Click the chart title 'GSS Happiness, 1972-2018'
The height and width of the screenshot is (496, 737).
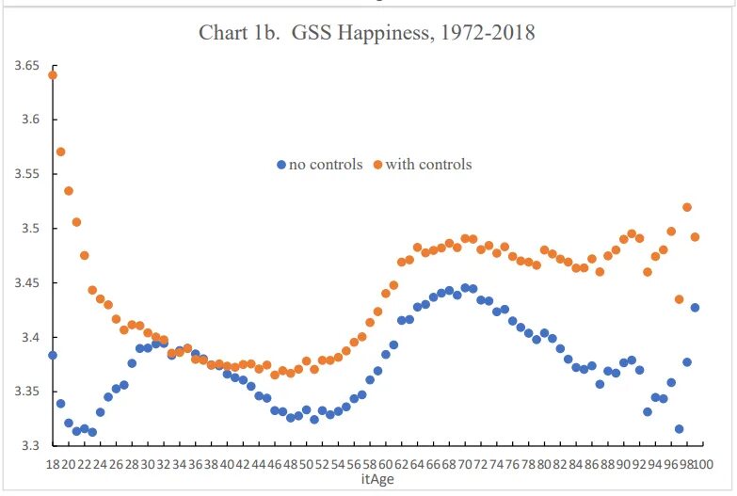pyautogui.click(x=367, y=33)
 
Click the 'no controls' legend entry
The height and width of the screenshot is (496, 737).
pyautogui.click(x=326, y=165)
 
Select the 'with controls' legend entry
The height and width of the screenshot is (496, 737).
pyautogui.click(x=428, y=165)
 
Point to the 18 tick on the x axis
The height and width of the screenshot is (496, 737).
pyautogui.click(x=52, y=464)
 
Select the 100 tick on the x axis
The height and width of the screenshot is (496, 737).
pyautogui.click(x=701, y=464)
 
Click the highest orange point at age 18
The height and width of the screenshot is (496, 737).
pyautogui.click(x=53, y=75)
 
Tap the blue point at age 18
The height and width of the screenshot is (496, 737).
pyautogui.click(x=53, y=355)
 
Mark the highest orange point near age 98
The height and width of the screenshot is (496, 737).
pyautogui.click(x=687, y=207)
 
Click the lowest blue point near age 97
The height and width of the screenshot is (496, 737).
pyautogui.click(x=679, y=429)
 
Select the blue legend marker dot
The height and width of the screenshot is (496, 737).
pyautogui.click(x=280, y=165)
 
